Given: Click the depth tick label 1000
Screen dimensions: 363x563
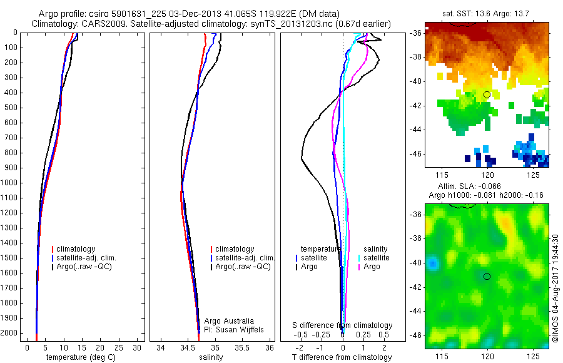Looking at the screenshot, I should tap(9, 183).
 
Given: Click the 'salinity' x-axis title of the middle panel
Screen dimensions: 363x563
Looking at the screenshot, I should tap(211, 357).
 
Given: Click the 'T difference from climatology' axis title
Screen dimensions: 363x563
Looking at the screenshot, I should tap(342, 357).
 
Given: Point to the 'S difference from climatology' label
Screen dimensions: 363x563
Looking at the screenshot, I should tap(343, 325).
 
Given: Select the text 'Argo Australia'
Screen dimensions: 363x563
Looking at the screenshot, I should tap(229, 321).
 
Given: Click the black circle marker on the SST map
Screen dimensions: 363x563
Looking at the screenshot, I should tap(487, 95).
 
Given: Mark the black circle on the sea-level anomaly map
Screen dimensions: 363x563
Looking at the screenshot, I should tap(487, 276).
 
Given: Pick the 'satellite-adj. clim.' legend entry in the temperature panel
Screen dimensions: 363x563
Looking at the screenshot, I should tap(86, 258).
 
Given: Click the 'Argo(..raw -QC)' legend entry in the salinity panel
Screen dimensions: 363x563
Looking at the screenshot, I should tap(243, 267).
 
